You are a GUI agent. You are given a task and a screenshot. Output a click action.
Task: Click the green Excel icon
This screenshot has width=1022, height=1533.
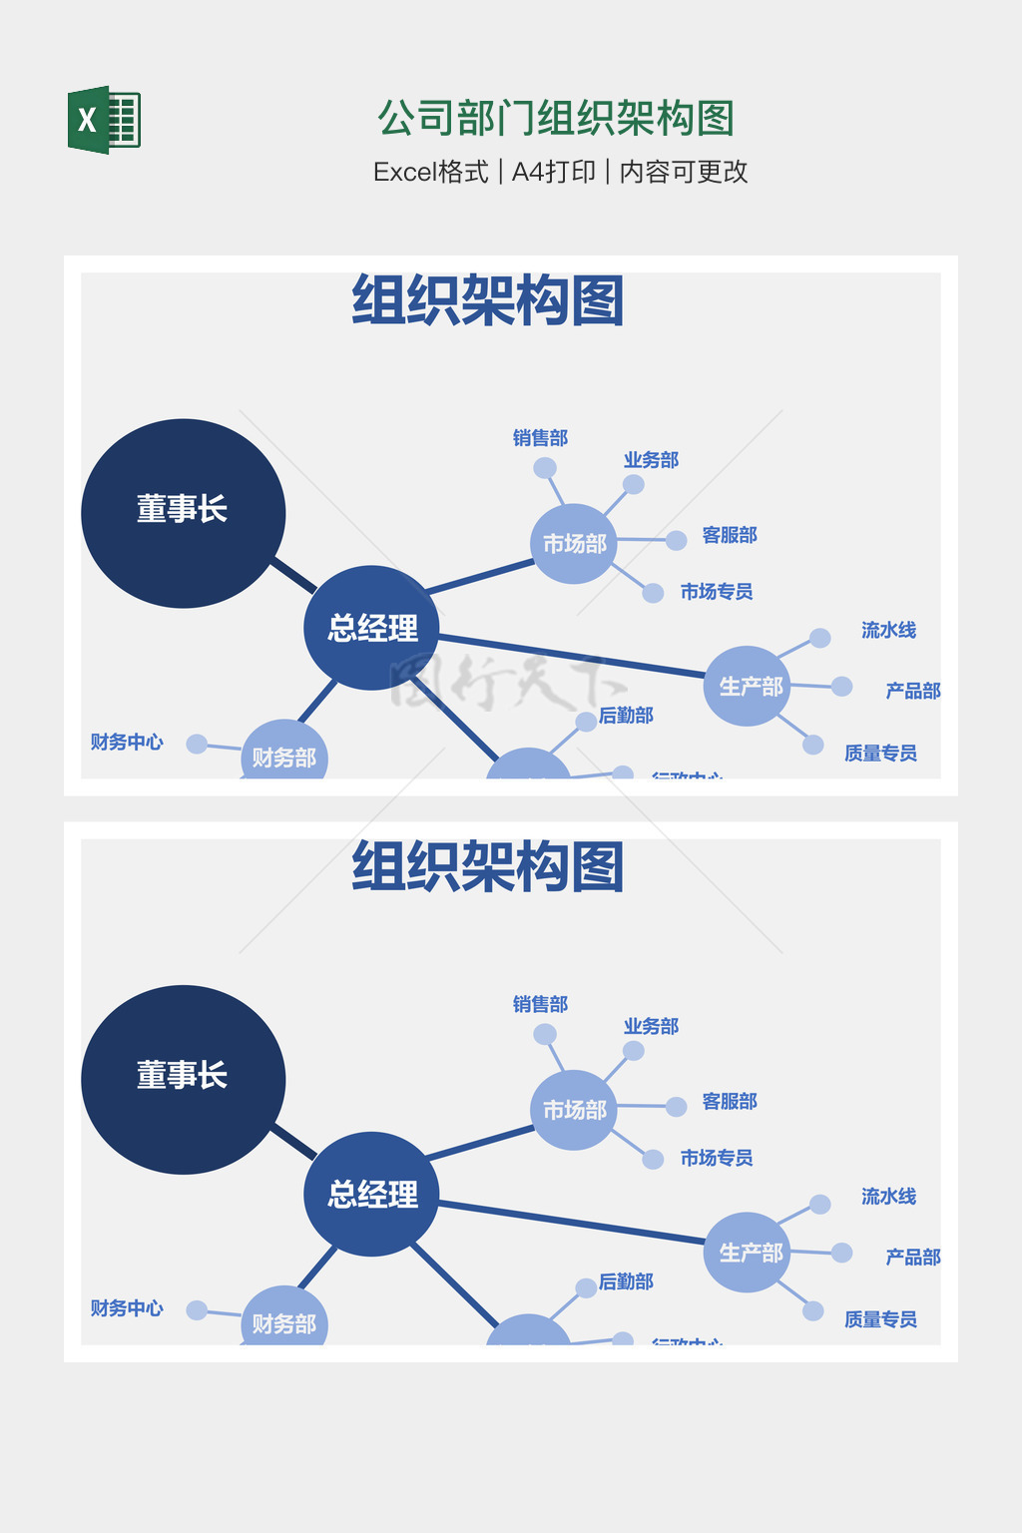pos(104,120)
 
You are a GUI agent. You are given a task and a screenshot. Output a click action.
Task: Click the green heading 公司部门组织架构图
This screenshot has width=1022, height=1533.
pos(556,119)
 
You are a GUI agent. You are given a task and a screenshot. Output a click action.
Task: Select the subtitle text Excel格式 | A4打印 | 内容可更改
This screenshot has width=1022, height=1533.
pos(560,172)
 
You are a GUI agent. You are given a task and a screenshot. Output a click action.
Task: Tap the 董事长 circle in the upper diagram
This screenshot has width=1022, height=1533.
pos(183,512)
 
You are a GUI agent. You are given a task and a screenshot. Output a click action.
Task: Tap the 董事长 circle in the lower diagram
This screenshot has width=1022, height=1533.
pos(183,1078)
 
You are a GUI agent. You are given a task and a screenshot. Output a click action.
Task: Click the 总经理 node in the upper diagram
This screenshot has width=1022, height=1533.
pos(372,628)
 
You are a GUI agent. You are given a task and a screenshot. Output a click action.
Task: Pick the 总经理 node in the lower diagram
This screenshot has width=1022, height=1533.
pos(372,1194)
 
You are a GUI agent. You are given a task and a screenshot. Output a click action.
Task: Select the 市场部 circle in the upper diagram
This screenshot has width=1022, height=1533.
pos(574,544)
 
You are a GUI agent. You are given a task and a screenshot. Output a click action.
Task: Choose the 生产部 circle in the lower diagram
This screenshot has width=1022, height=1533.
pos(748,1253)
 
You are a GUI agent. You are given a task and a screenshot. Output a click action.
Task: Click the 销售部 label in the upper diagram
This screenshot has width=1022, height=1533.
pos(540,438)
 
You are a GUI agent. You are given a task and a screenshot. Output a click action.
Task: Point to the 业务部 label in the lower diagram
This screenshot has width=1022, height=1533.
pos(651,1026)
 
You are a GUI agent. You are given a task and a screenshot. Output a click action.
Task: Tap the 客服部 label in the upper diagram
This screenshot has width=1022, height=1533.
pos(730,535)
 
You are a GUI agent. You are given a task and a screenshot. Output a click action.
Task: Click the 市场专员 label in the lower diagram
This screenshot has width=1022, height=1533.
pos(716,1158)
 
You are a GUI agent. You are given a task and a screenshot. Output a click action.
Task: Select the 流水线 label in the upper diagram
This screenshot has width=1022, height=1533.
pos(888,630)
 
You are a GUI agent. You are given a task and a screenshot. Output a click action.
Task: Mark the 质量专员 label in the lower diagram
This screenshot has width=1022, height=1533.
pos(880,1319)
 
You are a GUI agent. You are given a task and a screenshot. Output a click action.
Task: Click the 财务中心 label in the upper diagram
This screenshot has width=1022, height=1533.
pos(127,742)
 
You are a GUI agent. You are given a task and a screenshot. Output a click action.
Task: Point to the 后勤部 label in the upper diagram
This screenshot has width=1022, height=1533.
pos(626,716)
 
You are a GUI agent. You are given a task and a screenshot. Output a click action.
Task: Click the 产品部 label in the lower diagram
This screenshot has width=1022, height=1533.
pos(912,1257)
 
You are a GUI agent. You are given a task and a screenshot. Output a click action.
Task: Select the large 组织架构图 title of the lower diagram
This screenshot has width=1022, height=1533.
pos(488,866)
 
